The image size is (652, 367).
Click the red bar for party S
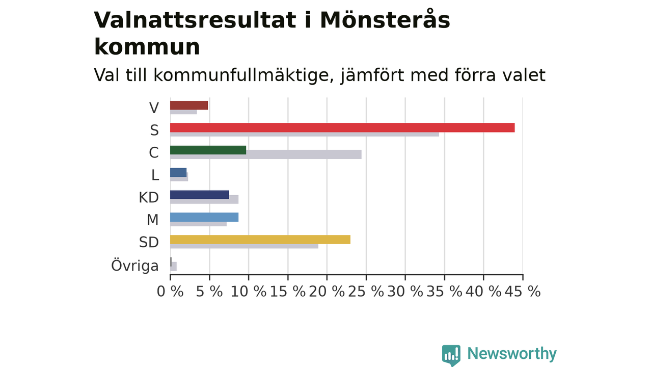click(x=342, y=127)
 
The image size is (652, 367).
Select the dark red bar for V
click(x=189, y=105)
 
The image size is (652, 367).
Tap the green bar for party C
click(x=208, y=150)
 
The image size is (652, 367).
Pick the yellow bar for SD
click(x=260, y=240)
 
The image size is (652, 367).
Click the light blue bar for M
click(x=204, y=217)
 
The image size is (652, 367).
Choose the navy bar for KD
click(x=200, y=195)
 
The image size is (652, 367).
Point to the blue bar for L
click(x=178, y=172)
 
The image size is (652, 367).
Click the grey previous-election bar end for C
click(x=361, y=154)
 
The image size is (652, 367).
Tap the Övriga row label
click(x=135, y=266)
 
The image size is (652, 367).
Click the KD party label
click(x=149, y=197)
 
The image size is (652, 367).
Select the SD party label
click(x=149, y=242)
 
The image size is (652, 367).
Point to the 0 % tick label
click(x=170, y=291)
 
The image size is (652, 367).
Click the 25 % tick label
click(x=366, y=291)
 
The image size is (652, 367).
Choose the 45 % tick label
click(x=523, y=291)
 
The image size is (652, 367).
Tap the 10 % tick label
click(x=248, y=291)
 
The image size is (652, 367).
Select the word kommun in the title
click(x=147, y=47)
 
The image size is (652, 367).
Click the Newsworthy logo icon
click(x=451, y=355)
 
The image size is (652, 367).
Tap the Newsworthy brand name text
click(x=512, y=353)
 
